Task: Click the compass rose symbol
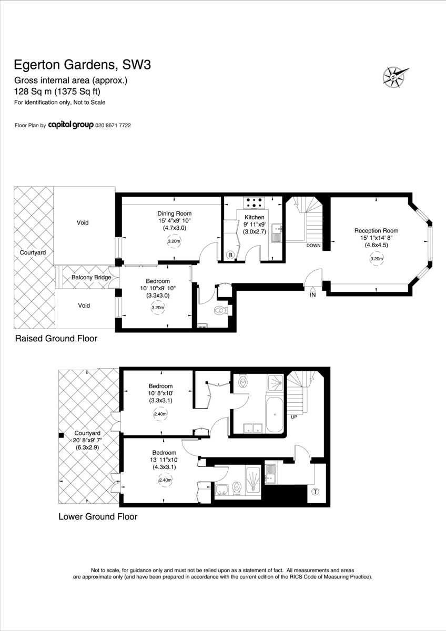[x=395, y=77]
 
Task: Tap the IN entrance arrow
[x=313, y=289]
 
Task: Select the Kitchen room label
[x=255, y=217]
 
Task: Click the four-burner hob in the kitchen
[x=254, y=202]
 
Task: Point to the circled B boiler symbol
[x=230, y=255]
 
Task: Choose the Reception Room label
[x=376, y=231]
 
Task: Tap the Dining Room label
[x=175, y=213]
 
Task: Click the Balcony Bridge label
[x=91, y=278]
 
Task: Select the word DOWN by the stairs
[x=313, y=246]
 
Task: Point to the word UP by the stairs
[x=294, y=417]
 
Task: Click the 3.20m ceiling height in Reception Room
[x=377, y=259]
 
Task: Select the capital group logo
[x=70, y=125]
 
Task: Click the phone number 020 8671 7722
[x=113, y=125]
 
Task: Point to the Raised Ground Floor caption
[x=56, y=338]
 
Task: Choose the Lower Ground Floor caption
[x=98, y=516]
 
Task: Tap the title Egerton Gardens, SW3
[x=82, y=65]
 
